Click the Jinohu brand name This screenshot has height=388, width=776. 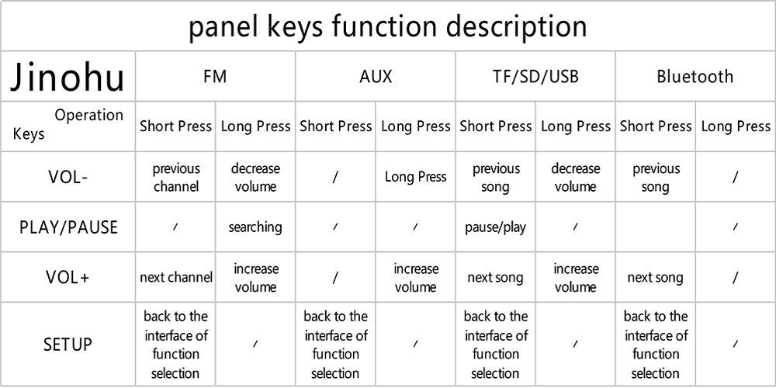(68, 77)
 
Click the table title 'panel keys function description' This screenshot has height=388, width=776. (387, 26)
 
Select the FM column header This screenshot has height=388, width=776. (215, 77)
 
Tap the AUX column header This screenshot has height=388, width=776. (376, 77)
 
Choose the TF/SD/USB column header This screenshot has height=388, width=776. (535, 77)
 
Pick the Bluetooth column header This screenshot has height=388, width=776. (695, 77)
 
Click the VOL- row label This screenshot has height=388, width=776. (68, 177)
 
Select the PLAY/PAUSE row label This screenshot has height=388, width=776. (68, 227)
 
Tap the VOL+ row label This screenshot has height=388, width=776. (68, 277)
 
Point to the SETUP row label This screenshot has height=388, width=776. (68, 344)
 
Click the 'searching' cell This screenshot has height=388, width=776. (255, 227)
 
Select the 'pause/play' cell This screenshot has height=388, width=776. (495, 227)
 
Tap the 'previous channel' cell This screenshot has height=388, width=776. (175, 177)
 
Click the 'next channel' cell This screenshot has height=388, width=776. (175, 277)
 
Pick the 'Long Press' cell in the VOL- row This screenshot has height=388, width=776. (416, 177)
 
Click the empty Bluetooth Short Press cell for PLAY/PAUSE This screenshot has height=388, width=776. (655, 227)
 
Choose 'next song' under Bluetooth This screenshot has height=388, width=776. (655, 278)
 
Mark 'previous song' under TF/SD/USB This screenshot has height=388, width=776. (495, 178)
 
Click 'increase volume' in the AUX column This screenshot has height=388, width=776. (416, 278)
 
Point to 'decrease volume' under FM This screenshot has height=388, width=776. (255, 177)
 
